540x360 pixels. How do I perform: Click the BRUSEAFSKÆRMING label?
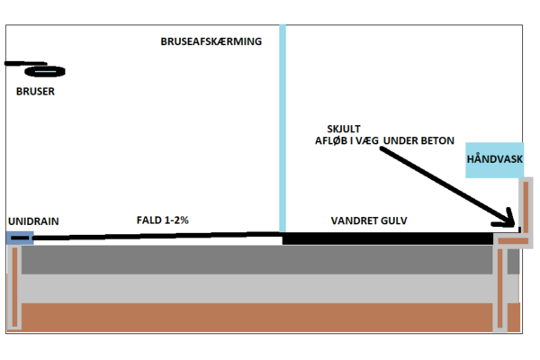(211, 41)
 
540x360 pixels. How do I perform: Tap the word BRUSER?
(35, 91)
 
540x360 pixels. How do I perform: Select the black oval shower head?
(45, 71)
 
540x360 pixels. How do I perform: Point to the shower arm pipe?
(25, 63)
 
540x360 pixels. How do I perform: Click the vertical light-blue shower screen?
(283, 128)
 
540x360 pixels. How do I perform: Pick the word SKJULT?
(344, 129)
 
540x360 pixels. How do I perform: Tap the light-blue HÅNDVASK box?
(494, 160)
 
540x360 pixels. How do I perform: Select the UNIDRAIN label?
(33, 221)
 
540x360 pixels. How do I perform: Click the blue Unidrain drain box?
(20, 238)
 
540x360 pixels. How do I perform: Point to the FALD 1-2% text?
(163, 220)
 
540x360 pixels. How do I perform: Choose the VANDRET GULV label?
(369, 220)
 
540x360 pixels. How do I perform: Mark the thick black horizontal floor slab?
(388, 238)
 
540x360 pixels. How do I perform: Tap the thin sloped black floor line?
(157, 236)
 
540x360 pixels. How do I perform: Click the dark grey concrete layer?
(256, 260)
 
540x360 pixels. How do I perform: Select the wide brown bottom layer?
(256, 318)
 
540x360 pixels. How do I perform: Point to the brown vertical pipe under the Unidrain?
(14, 287)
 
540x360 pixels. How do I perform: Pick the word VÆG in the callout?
(367, 140)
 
